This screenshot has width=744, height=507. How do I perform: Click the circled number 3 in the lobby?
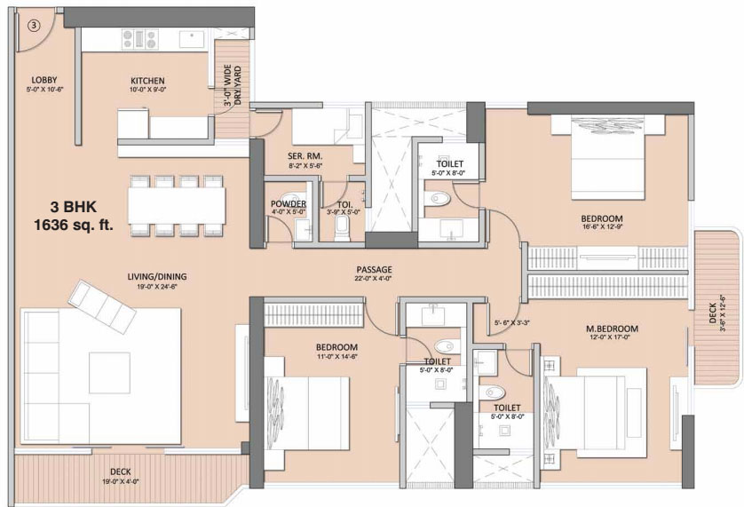[x=33, y=26]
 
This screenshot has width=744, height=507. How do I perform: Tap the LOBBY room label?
[x=44, y=80]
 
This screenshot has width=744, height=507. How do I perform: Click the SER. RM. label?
[x=305, y=154]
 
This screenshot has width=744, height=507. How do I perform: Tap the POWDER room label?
[x=289, y=204]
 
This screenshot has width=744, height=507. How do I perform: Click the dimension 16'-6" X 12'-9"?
[x=601, y=227]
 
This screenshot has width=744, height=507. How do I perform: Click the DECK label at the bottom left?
[x=122, y=471]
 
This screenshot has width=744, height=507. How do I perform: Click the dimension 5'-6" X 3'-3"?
[x=511, y=322]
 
